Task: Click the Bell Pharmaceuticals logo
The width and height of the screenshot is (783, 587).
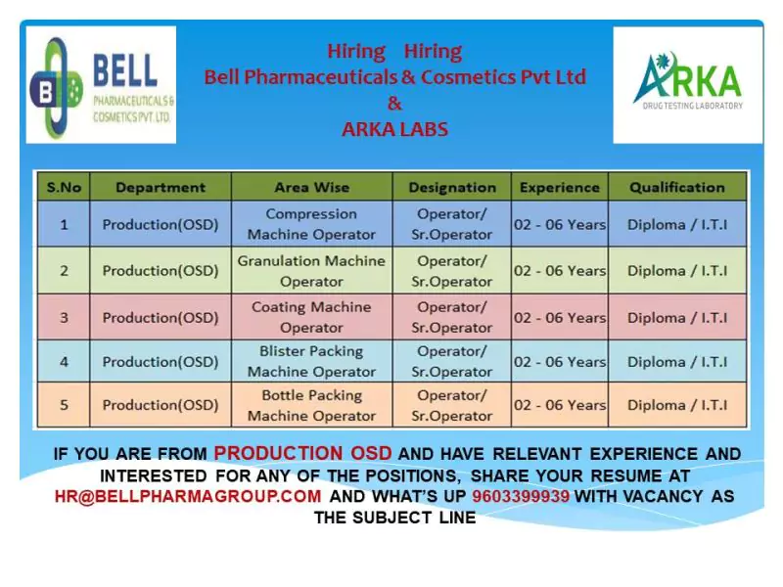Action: [101, 84]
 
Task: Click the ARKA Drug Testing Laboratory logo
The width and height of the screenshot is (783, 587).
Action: [687, 84]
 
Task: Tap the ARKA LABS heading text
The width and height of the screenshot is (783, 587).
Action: [394, 128]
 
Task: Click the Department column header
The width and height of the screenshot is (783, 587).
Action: [161, 187]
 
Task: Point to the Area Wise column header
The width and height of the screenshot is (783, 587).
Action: [311, 187]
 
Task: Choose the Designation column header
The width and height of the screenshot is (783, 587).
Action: [451, 187]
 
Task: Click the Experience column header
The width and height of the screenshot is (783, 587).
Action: [559, 187]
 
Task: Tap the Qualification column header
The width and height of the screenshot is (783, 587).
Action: [676, 187]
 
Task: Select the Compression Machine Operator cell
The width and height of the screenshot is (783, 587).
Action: [311, 224]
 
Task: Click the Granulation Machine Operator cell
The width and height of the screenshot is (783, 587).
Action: [311, 271]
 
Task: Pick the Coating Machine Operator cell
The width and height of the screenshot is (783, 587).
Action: [311, 317]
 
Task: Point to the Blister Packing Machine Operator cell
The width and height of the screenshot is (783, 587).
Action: [311, 361]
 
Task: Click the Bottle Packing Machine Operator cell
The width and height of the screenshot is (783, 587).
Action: [311, 405]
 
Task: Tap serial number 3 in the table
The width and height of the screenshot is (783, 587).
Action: [64, 317]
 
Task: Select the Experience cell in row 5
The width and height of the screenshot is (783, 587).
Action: [559, 405]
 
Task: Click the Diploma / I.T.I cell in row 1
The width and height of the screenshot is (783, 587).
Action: [676, 224]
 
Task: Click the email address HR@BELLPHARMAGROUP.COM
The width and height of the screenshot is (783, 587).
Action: [188, 496]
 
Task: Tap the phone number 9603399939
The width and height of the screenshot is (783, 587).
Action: [521, 496]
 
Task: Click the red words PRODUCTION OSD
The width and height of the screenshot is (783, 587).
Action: [303, 453]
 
